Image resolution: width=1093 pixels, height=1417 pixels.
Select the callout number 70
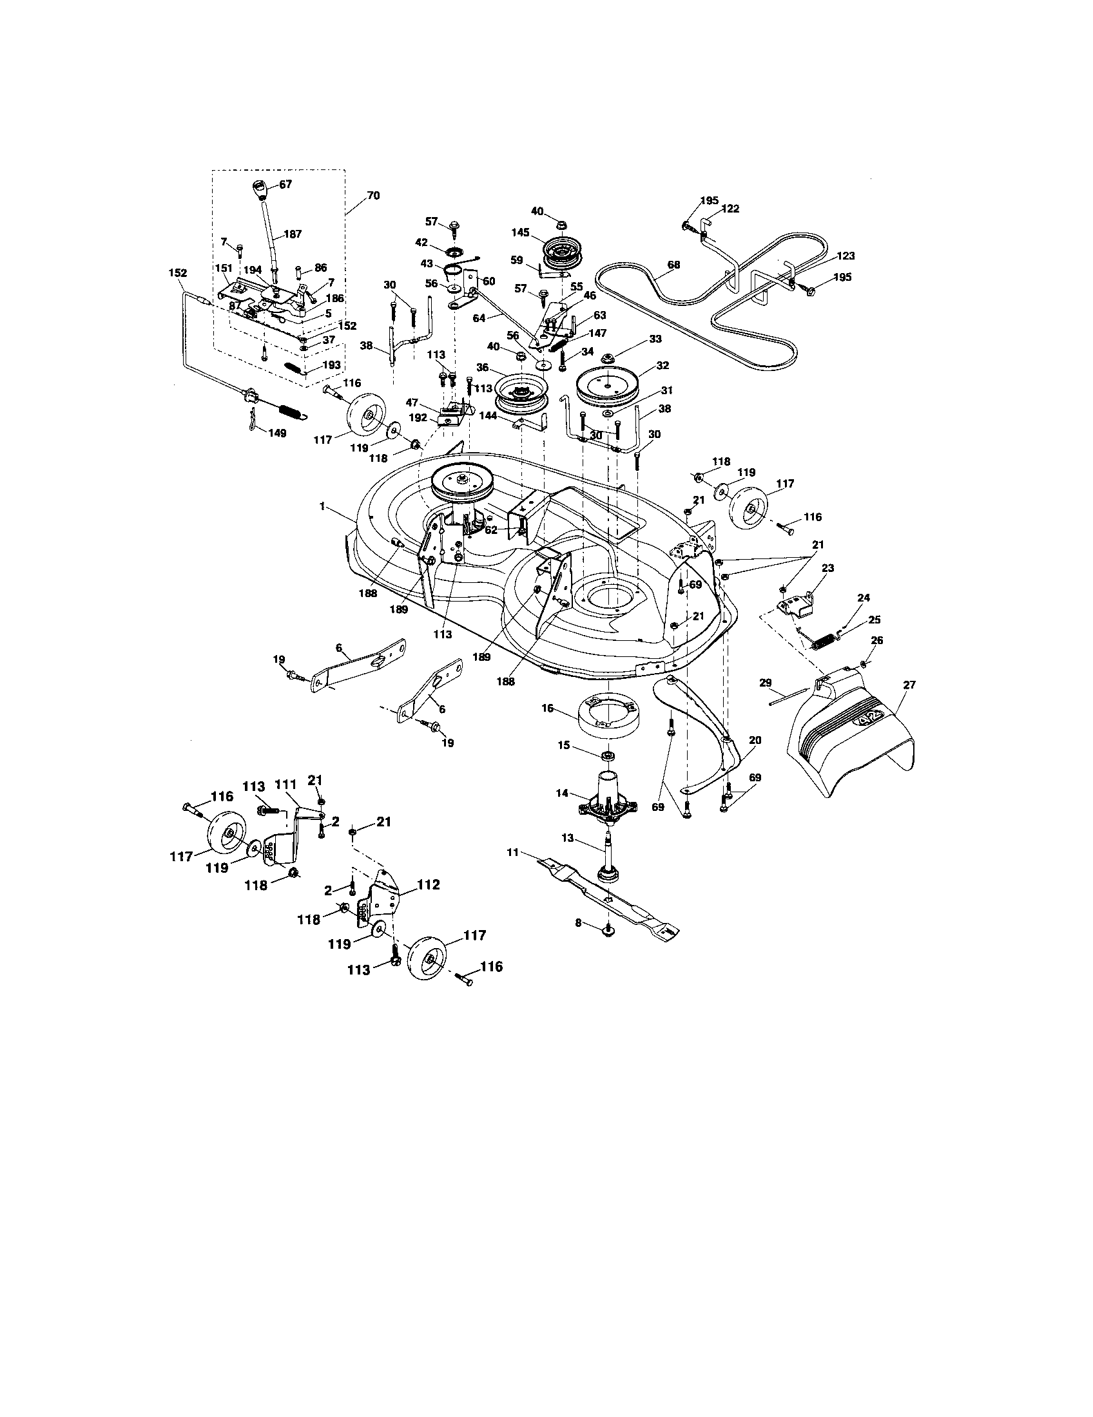click(374, 195)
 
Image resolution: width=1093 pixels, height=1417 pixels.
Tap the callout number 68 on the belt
click(674, 265)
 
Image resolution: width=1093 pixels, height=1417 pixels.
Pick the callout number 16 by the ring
click(548, 708)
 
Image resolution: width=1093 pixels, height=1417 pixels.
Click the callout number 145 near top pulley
click(521, 233)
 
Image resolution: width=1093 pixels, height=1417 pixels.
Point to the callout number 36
click(482, 367)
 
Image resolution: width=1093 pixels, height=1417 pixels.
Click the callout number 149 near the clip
click(277, 433)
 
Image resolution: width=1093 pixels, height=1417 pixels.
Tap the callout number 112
click(429, 884)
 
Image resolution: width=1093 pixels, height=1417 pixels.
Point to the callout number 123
click(845, 256)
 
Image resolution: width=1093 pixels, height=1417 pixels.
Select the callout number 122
click(730, 209)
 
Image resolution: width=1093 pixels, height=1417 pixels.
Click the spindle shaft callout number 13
click(567, 838)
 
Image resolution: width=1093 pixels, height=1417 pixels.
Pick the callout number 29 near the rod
click(765, 683)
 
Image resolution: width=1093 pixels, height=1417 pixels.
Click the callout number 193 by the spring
click(331, 365)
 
